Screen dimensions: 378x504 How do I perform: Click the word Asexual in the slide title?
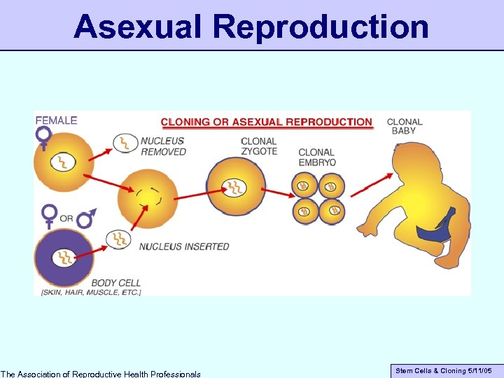(x=139, y=27)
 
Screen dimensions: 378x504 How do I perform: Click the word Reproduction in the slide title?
(x=321, y=27)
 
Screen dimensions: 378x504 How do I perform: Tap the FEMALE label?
(x=57, y=120)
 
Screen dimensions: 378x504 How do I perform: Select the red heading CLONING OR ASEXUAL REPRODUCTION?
(x=267, y=122)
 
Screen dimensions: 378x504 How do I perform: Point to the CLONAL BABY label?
(x=405, y=126)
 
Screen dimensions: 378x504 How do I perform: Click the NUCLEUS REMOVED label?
(x=163, y=146)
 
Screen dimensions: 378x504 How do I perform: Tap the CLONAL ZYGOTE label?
(x=259, y=146)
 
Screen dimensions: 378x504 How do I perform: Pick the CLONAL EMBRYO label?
(x=317, y=157)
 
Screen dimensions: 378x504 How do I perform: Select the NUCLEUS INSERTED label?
(x=184, y=246)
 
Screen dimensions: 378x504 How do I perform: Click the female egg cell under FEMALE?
(x=62, y=163)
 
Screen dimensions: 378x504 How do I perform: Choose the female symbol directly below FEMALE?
(x=44, y=138)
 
